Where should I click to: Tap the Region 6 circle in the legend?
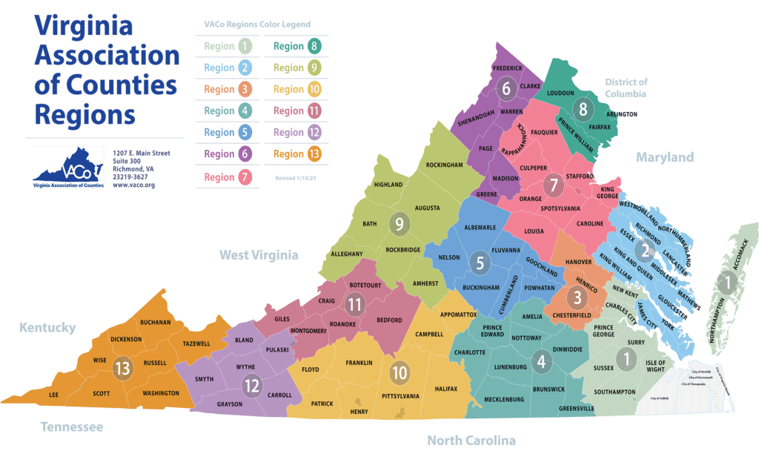coord(245,154)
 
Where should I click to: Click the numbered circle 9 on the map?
coord(400,223)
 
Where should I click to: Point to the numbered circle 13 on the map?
coord(121,367)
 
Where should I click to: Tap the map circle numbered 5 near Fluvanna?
coord(480,262)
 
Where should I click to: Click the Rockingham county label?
coord(444,164)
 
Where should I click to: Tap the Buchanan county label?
coord(155,323)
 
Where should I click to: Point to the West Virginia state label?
coord(259,255)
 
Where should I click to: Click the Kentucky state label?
coord(47,327)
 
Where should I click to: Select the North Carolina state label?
coord(471,441)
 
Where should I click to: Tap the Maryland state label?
coord(664,157)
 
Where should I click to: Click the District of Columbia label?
coord(626,88)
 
